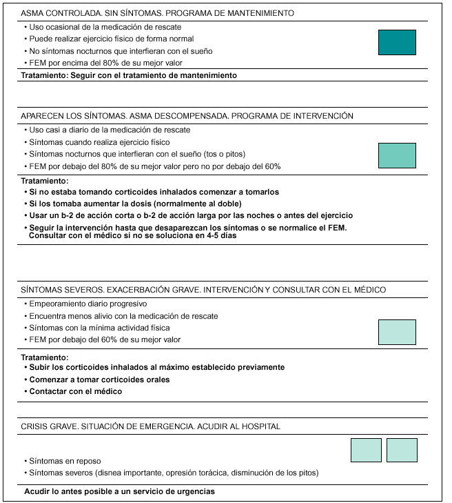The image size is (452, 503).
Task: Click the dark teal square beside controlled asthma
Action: [x=397, y=42]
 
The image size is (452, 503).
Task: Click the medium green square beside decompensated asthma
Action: [x=397, y=155]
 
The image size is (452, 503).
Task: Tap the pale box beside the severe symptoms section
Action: [x=397, y=332]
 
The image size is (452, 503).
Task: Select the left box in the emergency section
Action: [x=366, y=450]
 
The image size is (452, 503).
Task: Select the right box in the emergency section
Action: [x=402, y=450]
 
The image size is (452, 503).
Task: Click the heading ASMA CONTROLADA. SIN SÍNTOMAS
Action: [x=158, y=13]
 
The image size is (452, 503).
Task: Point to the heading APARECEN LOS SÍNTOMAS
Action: [x=187, y=116]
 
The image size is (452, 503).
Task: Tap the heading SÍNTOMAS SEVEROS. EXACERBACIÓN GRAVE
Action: [x=203, y=290]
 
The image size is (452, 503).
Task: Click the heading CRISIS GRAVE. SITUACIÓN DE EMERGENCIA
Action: [x=151, y=426]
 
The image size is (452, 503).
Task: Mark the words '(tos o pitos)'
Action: [x=222, y=154]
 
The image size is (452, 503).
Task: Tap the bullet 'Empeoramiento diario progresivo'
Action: [x=88, y=304]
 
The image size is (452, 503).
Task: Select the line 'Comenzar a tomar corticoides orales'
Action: [x=99, y=379]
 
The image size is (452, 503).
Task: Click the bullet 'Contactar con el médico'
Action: [x=76, y=391]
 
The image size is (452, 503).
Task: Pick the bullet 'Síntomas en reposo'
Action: [x=64, y=460]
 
